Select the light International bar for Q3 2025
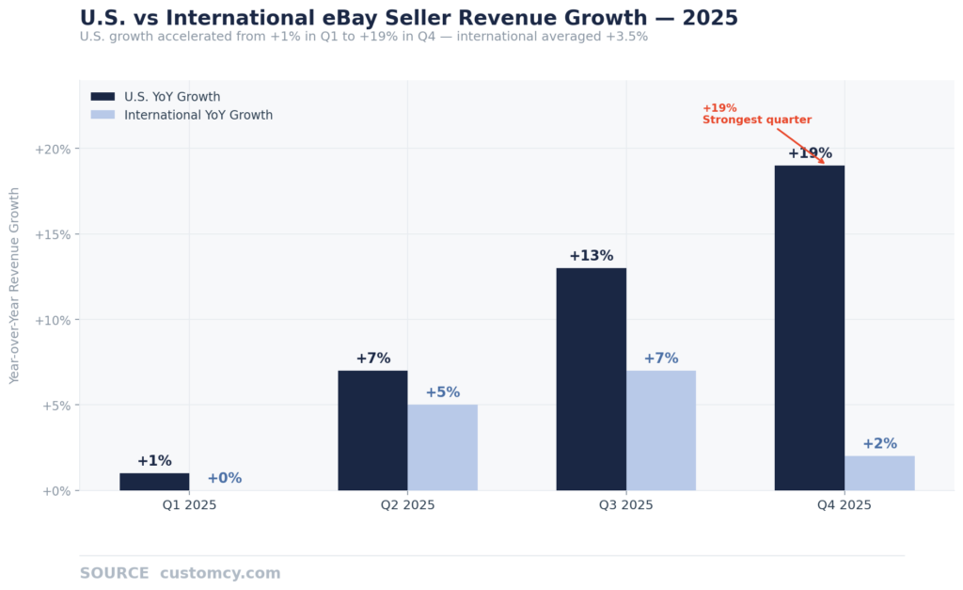661,430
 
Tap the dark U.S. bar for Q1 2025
154,482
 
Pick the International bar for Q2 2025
442,447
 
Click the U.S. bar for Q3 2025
591,379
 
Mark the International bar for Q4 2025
879,473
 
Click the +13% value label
591,256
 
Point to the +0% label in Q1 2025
224,478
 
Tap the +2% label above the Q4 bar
879,443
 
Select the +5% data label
442,392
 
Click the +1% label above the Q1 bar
154,461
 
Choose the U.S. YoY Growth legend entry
172,96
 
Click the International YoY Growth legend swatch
103,115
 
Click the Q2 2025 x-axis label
407,505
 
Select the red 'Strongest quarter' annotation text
756,120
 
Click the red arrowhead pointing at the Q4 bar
822,162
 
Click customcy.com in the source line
220,573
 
